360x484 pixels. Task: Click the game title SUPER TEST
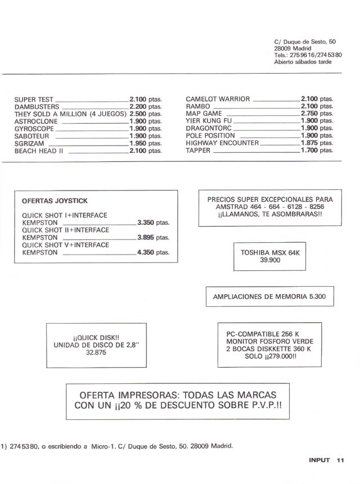[34, 99]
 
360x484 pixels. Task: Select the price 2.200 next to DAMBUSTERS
[138, 106]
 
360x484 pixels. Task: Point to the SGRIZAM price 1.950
[138, 143]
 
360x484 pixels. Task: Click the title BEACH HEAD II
[38, 151]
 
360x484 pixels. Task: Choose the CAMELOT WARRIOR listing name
[218, 99]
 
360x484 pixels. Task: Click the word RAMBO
[198, 106]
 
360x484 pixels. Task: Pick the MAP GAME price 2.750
[310, 114]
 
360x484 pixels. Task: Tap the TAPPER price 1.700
[310, 150]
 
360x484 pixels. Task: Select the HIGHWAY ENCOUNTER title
[222, 143]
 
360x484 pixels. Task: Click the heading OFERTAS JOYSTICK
[55, 201]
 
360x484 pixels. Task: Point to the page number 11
[340, 460]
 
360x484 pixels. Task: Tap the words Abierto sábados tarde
[303, 62]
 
